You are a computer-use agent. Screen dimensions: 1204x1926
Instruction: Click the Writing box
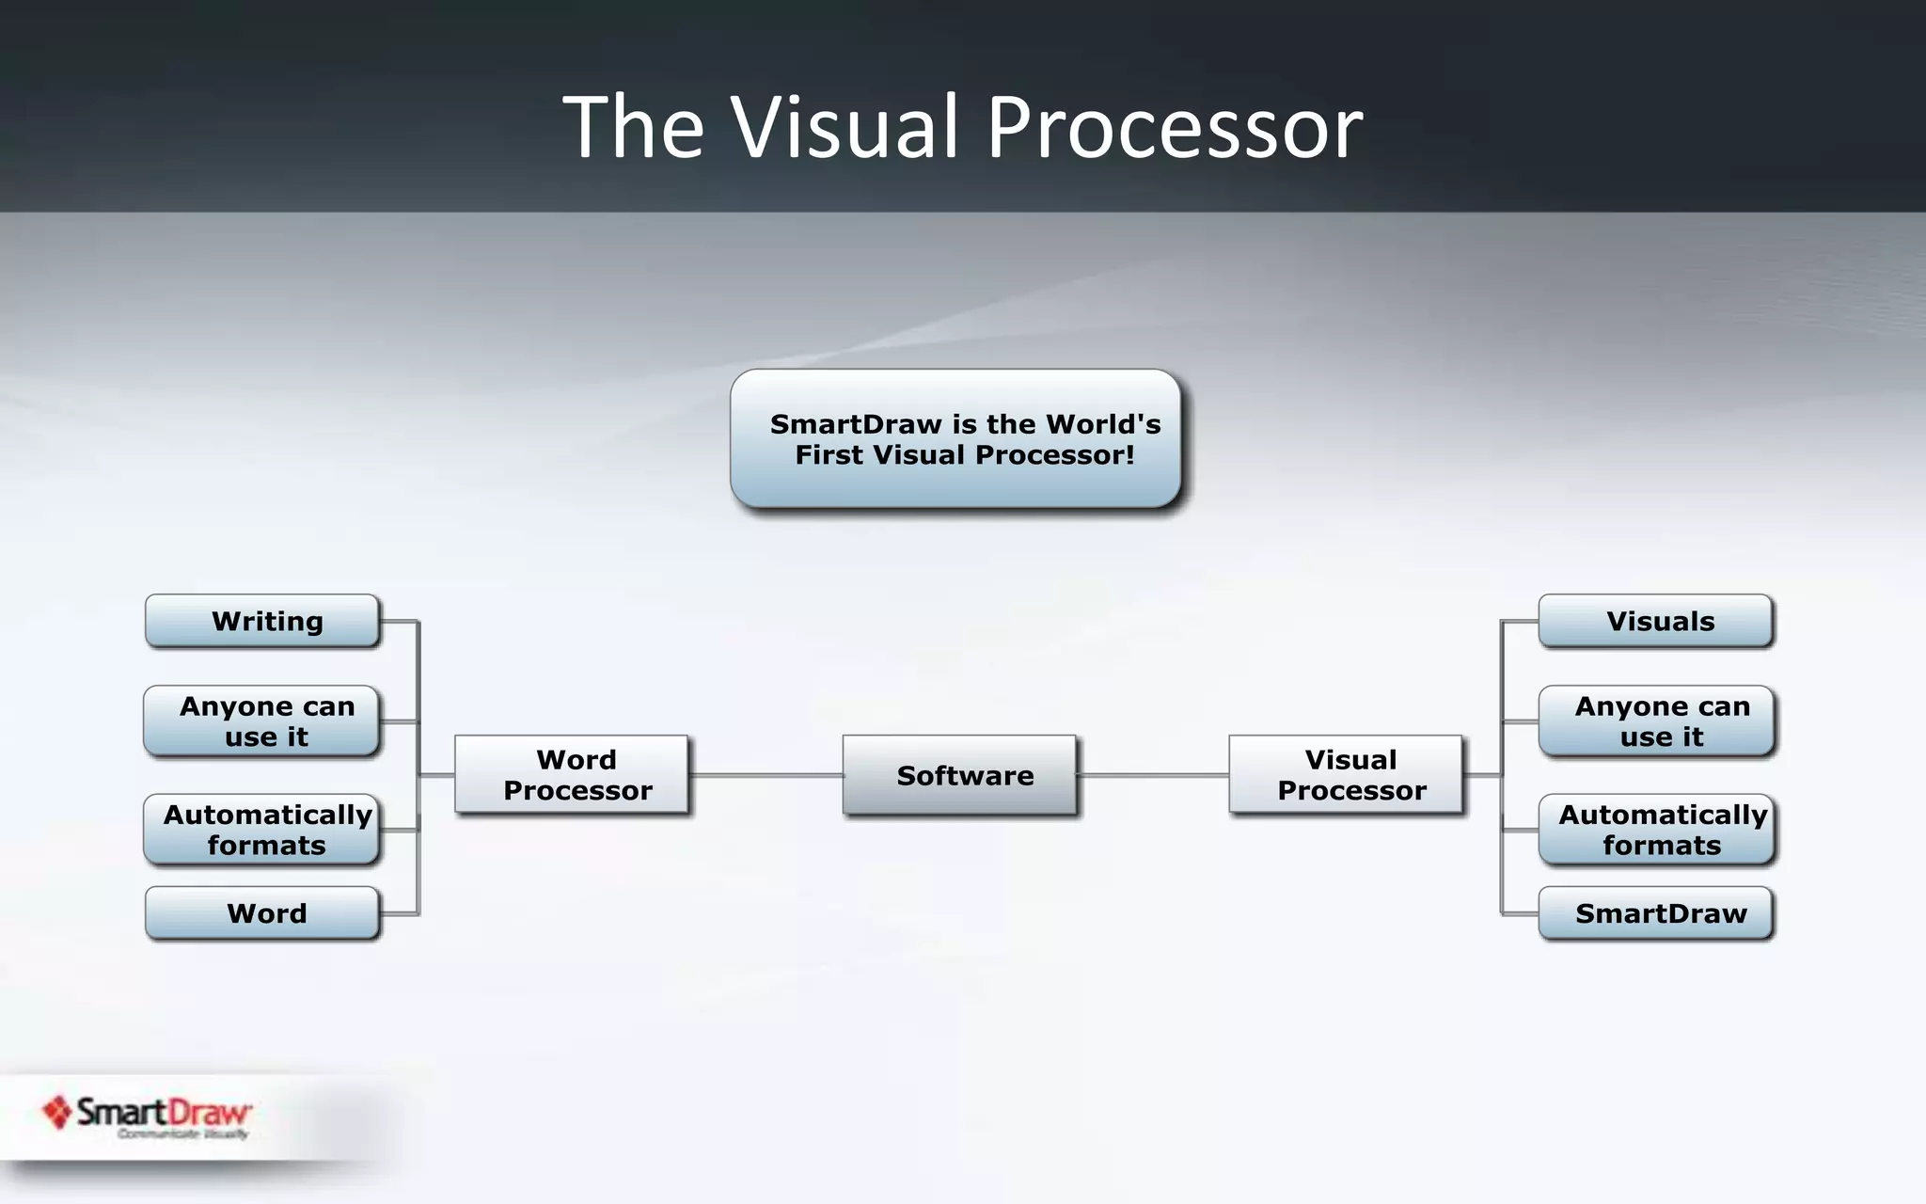[x=263, y=621]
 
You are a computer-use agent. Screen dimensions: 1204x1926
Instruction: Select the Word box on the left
[x=263, y=913]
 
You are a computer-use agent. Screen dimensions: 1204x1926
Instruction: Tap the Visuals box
[x=1656, y=621]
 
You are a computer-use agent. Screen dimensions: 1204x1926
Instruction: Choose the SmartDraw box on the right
[x=1656, y=913]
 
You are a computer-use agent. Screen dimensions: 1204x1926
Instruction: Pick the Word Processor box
[x=572, y=775]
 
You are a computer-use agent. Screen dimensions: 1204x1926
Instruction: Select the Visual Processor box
[x=1346, y=775]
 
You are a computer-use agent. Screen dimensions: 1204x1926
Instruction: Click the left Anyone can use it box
[x=263, y=721]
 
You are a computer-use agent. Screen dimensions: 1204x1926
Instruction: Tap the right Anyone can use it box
[x=1656, y=721]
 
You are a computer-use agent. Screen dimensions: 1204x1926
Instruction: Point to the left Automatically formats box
[x=263, y=830]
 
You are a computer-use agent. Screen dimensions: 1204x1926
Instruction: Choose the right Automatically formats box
[x=1656, y=830]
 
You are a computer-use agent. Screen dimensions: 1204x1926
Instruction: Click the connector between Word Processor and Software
[x=766, y=775]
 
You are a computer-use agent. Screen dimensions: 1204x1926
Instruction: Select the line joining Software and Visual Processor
[x=1153, y=775]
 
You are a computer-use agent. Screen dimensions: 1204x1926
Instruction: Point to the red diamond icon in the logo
[x=57, y=1112]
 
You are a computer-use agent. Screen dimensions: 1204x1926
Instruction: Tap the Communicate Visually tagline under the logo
[x=182, y=1134]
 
